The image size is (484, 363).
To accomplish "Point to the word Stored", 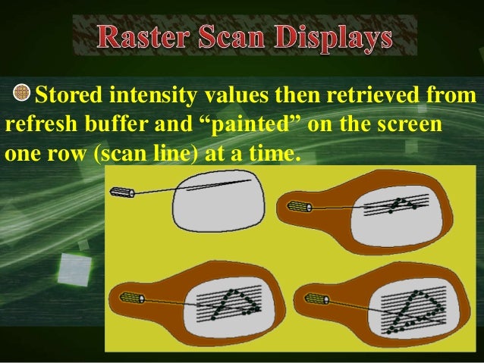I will pyautogui.click(x=69, y=96).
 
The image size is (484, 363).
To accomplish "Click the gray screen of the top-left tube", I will pyautogui.click(x=216, y=199).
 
